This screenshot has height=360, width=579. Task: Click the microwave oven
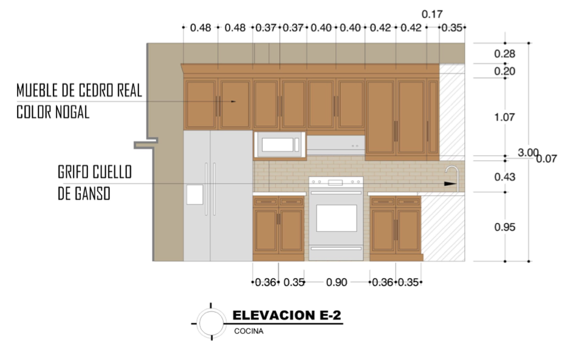pyautogui.click(x=280, y=144)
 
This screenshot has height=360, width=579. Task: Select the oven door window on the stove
pyautogui.click(x=337, y=218)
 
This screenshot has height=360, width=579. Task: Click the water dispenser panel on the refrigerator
pyautogui.click(x=194, y=194)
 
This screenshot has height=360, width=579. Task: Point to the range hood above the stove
pyautogui.click(x=335, y=145)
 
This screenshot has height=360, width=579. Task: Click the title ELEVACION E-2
pyautogui.click(x=287, y=315)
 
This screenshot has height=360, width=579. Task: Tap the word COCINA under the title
pyautogui.click(x=249, y=331)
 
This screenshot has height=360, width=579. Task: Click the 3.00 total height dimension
pyautogui.click(x=528, y=152)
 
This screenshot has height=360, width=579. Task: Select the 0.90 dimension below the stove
pyautogui.click(x=337, y=282)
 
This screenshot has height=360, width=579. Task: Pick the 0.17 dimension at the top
pyautogui.click(x=432, y=15)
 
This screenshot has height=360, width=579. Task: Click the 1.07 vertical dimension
pyautogui.click(x=504, y=117)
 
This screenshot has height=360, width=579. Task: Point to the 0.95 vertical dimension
pyautogui.click(x=505, y=227)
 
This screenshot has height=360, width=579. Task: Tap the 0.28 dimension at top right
pyautogui.click(x=504, y=54)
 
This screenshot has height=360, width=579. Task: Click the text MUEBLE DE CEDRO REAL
pyautogui.click(x=79, y=90)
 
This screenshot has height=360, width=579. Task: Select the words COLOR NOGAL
pyautogui.click(x=53, y=112)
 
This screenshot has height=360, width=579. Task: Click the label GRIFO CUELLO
pyautogui.click(x=95, y=172)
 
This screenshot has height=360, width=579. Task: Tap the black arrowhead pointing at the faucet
pyautogui.click(x=450, y=184)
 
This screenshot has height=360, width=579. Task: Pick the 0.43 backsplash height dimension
pyautogui.click(x=505, y=177)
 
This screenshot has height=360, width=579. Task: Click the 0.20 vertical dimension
pyautogui.click(x=504, y=71)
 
